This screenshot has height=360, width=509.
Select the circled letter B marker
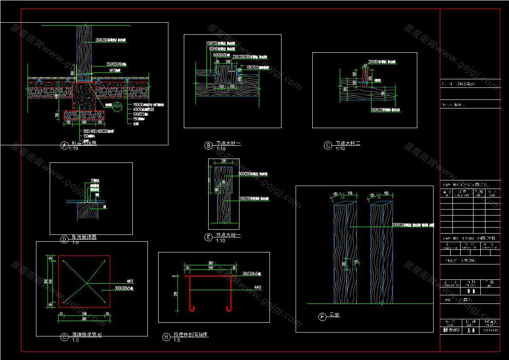[208, 146]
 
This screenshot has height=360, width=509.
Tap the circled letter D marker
[64, 240]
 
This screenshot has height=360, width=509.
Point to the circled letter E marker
[209, 237]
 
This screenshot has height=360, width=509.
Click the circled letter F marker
[322, 317]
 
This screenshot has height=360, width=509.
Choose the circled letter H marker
[166, 337]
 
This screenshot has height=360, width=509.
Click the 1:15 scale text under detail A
[73, 149]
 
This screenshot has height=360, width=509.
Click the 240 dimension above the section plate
[210, 267]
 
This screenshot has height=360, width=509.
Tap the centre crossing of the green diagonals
[87, 281]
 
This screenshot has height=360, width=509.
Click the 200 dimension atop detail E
[224, 161]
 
